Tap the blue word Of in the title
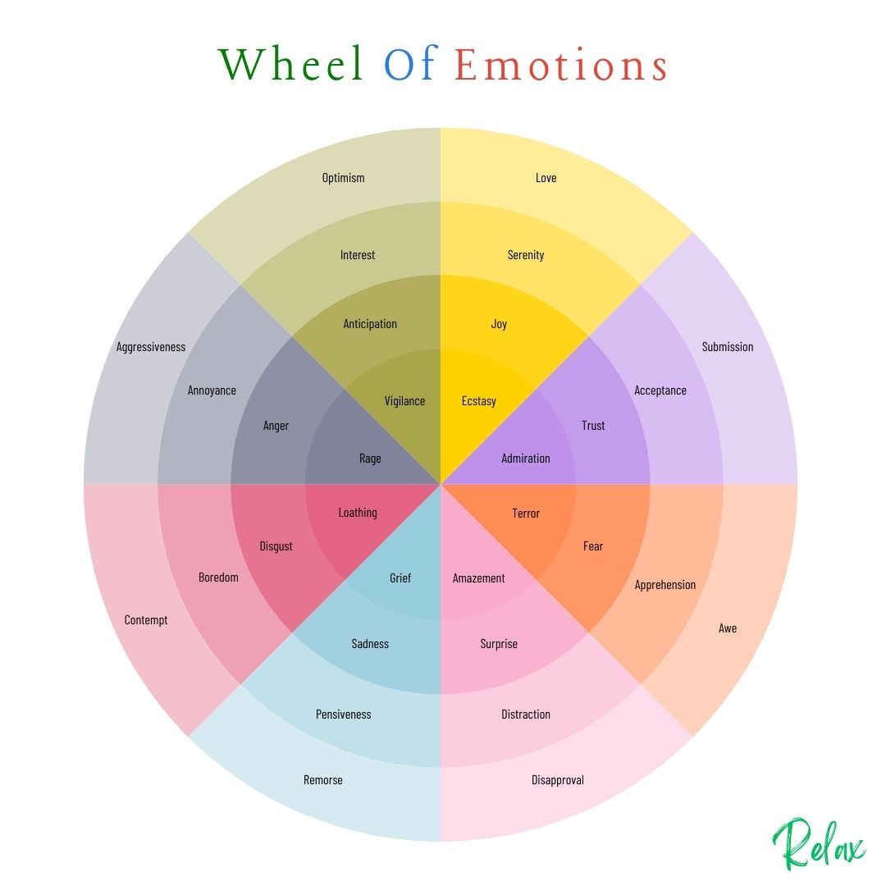409,64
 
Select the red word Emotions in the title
561,65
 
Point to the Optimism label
343,178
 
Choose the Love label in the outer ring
546,178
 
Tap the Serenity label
526,255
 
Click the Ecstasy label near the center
479,401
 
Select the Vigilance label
404,401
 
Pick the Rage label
370,459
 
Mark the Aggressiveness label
151,347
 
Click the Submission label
727,347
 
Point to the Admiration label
526,459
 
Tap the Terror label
526,514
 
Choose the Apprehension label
664,585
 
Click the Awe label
728,628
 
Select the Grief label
400,578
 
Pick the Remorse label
323,780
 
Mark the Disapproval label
558,780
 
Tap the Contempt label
146,620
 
